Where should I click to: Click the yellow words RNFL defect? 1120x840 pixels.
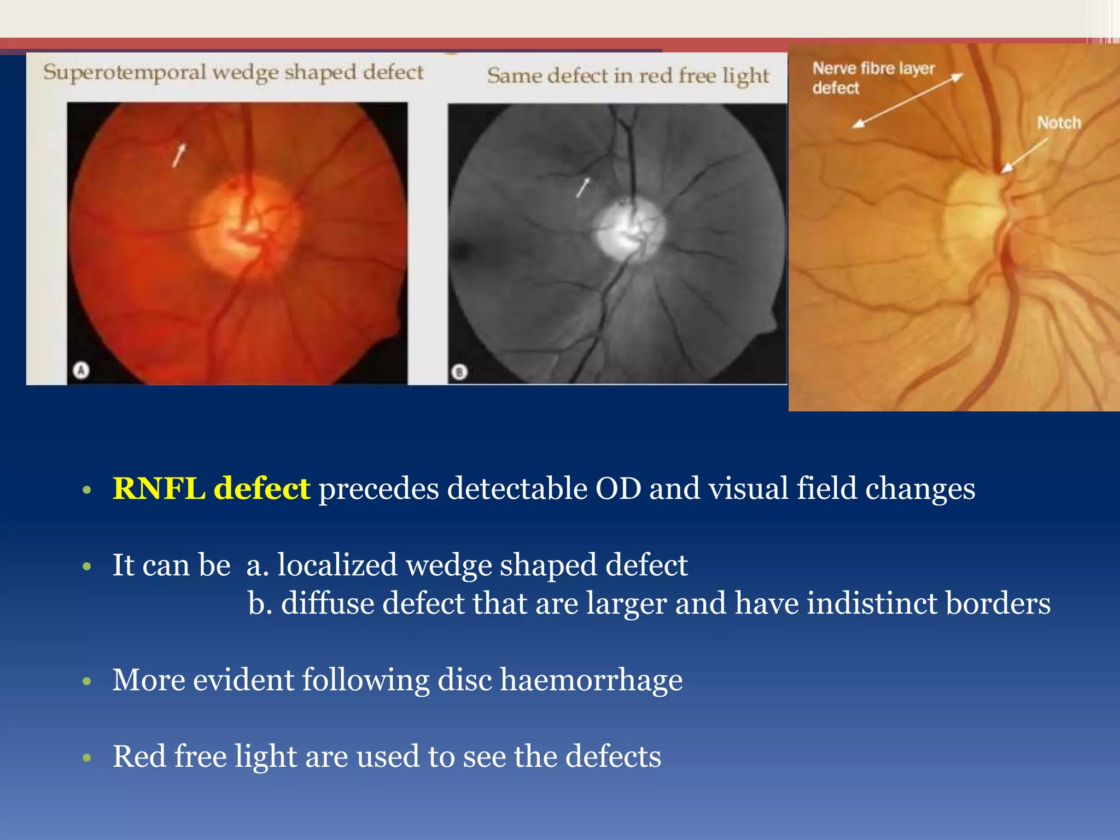(x=211, y=488)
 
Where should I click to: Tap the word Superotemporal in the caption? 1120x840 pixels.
(x=125, y=73)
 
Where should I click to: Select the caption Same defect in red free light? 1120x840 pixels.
(x=628, y=75)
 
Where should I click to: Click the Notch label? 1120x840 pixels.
(x=1059, y=122)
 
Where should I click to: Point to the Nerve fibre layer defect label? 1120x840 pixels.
(x=873, y=78)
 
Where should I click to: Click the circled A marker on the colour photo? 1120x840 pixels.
(x=81, y=371)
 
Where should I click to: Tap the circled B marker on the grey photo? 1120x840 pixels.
(x=459, y=373)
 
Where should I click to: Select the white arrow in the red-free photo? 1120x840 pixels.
(x=583, y=187)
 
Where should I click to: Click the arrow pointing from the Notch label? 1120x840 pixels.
(x=1025, y=155)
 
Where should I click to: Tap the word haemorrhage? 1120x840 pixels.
(x=591, y=680)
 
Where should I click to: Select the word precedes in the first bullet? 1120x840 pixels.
(x=378, y=488)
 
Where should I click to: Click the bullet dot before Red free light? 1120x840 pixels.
(x=86, y=757)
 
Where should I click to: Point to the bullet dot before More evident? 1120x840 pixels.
(x=86, y=681)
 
